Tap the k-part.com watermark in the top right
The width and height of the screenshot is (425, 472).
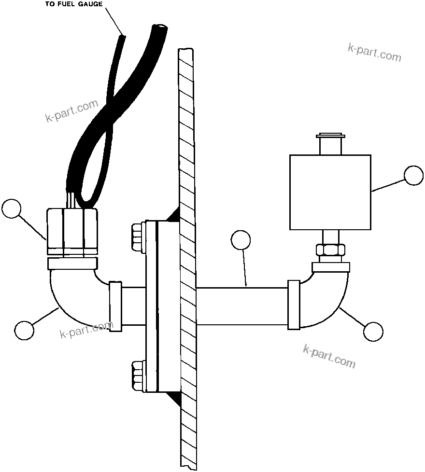tap(374, 53)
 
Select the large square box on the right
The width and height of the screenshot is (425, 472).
tap(330, 192)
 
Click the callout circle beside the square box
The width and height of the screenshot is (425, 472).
tap(413, 176)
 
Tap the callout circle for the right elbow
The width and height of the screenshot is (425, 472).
tap(373, 332)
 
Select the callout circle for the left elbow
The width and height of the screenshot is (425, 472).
tap(24, 330)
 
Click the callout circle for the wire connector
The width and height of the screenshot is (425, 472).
tap(12, 209)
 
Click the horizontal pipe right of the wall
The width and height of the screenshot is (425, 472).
tap(241, 306)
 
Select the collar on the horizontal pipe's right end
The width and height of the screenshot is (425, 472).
tap(294, 305)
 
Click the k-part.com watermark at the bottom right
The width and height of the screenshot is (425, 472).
tap(329, 357)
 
